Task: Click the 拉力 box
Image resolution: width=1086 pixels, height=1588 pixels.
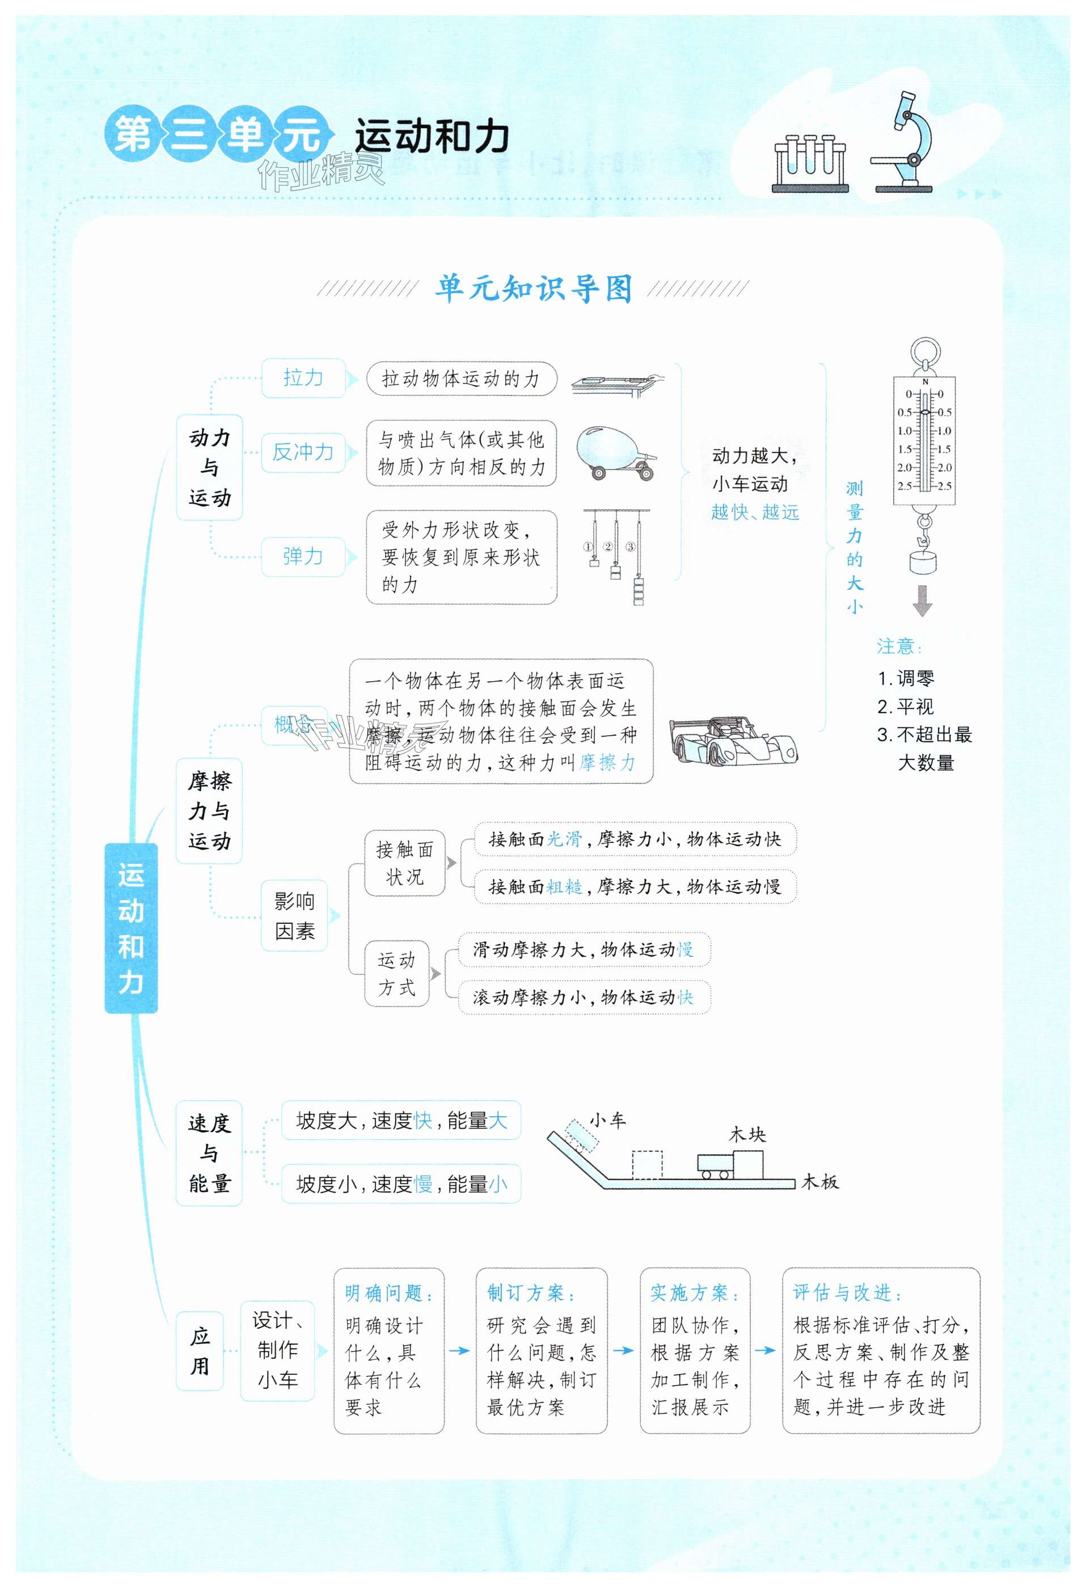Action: (303, 378)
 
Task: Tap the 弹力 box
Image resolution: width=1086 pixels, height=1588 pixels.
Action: (303, 556)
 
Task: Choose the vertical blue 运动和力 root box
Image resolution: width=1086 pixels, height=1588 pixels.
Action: (130, 927)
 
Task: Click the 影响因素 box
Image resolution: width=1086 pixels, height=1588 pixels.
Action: (294, 915)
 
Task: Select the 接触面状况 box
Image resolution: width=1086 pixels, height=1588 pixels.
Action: (404, 863)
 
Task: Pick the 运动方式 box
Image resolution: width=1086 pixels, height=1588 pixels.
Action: (396, 973)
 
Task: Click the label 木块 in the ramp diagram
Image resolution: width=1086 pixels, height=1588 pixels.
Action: (747, 1135)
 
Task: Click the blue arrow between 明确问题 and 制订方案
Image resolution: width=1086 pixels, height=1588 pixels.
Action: (459, 1350)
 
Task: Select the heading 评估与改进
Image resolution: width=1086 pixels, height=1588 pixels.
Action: (847, 1292)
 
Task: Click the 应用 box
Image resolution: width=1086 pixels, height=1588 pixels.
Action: (200, 1351)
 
